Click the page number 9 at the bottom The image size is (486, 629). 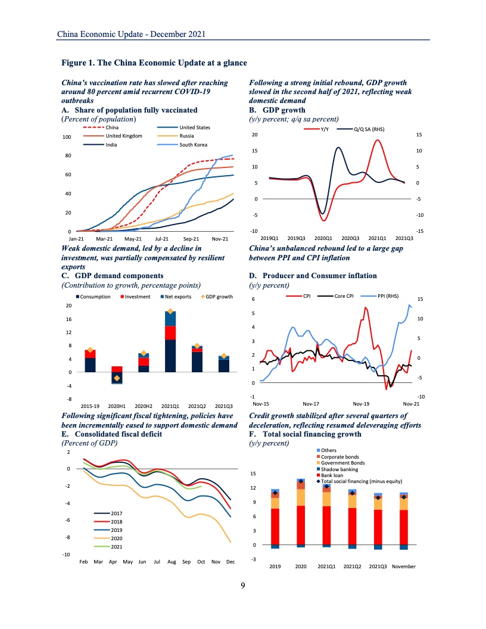(x=243, y=586)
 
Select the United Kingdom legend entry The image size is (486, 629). (x=124, y=136)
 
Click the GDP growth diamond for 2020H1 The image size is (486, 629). (x=117, y=378)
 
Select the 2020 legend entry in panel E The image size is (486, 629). (x=117, y=538)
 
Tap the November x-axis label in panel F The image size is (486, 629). (x=403, y=566)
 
